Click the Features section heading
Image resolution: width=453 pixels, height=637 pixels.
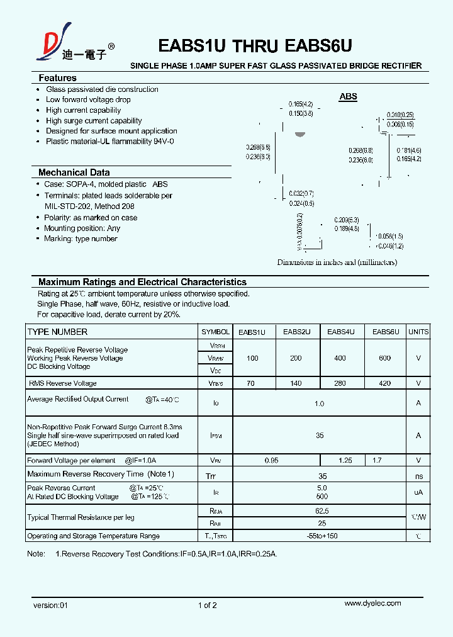[x=57, y=78]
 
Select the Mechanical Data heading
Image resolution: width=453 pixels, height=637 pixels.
[x=74, y=172]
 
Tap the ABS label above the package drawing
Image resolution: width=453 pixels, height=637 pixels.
[x=348, y=96]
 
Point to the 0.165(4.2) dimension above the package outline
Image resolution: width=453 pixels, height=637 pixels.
[x=301, y=104]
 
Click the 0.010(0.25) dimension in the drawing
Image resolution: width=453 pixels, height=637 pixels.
[x=400, y=115]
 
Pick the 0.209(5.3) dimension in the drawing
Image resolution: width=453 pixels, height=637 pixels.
[x=347, y=220]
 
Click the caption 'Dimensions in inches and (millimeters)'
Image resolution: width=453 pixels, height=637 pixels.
[x=337, y=262]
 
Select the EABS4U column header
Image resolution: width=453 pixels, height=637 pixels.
[x=341, y=332]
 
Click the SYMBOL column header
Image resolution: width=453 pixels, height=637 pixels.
[x=215, y=332]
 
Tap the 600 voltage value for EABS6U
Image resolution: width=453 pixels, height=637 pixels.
[x=384, y=358]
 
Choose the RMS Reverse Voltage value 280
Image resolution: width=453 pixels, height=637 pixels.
[x=340, y=383]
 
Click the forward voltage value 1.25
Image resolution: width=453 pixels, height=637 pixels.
[x=345, y=461]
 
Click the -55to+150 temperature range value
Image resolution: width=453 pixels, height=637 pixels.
[x=322, y=536]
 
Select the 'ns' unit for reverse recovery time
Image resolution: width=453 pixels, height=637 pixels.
[x=418, y=476]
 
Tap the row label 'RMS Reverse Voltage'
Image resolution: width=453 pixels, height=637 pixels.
[x=63, y=383]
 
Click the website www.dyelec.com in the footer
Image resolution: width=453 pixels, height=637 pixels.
[x=372, y=603]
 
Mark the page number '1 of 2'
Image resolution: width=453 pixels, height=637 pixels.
[x=207, y=606]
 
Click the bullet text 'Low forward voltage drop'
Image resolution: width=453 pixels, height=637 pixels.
[x=88, y=99]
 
